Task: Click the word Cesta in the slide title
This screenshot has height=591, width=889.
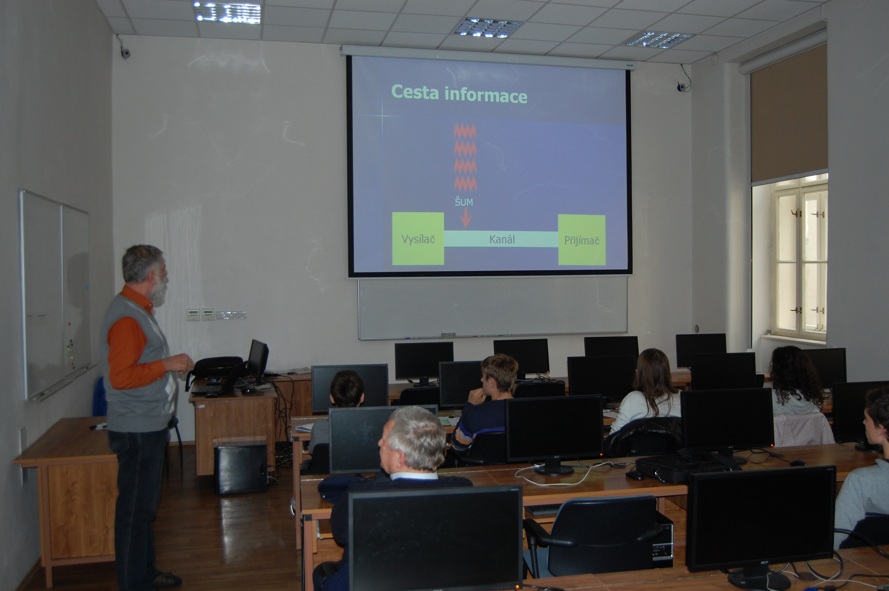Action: (415, 92)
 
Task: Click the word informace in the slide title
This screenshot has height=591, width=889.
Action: (486, 95)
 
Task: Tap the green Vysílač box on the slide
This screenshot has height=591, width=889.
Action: (418, 238)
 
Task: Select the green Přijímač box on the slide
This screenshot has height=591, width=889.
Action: (582, 240)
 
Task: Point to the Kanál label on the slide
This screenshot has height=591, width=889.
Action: (502, 239)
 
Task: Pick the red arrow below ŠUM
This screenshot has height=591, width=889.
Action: (466, 218)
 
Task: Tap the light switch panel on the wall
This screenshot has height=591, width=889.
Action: (216, 314)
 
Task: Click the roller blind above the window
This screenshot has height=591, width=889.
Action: (789, 113)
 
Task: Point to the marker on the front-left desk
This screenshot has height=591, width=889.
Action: (99, 426)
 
